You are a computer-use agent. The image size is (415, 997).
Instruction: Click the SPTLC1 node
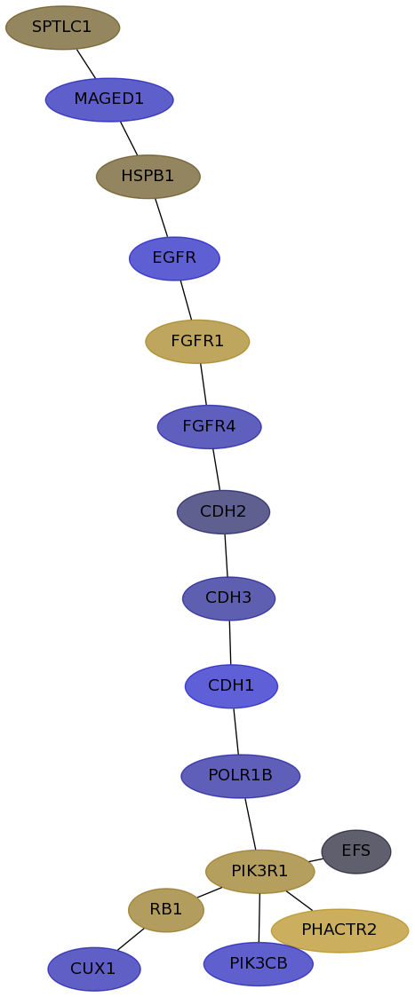[x=62, y=28]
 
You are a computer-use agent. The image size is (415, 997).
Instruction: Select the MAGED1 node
[x=109, y=99]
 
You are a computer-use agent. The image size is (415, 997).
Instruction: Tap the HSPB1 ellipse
[x=148, y=177]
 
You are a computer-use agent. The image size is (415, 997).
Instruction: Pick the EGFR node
[x=174, y=258]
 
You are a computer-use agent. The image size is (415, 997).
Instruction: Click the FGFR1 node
[x=197, y=342]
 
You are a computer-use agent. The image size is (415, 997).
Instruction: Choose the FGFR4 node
[x=210, y=427]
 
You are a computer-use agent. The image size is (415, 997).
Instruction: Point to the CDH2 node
[x=223, y=512]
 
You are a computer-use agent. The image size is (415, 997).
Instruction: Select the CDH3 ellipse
[x=228, y=598]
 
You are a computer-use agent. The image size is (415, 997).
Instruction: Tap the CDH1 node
[x=231, y=686]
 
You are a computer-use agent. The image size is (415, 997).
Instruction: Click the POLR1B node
[x=241, y=776]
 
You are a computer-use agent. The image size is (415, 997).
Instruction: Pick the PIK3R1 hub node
[x=260, y=871]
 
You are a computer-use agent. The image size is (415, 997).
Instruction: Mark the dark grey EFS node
[x=356, y=851]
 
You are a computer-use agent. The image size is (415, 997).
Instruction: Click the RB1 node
[x=166, y=910]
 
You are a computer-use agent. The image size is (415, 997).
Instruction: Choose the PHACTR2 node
[x=339, y=930]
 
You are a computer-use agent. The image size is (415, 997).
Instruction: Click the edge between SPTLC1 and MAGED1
[x=86, y=64]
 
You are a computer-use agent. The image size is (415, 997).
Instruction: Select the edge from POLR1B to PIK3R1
[x=250, y=823]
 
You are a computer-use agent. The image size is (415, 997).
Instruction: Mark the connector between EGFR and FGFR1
[x=186, y=300]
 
